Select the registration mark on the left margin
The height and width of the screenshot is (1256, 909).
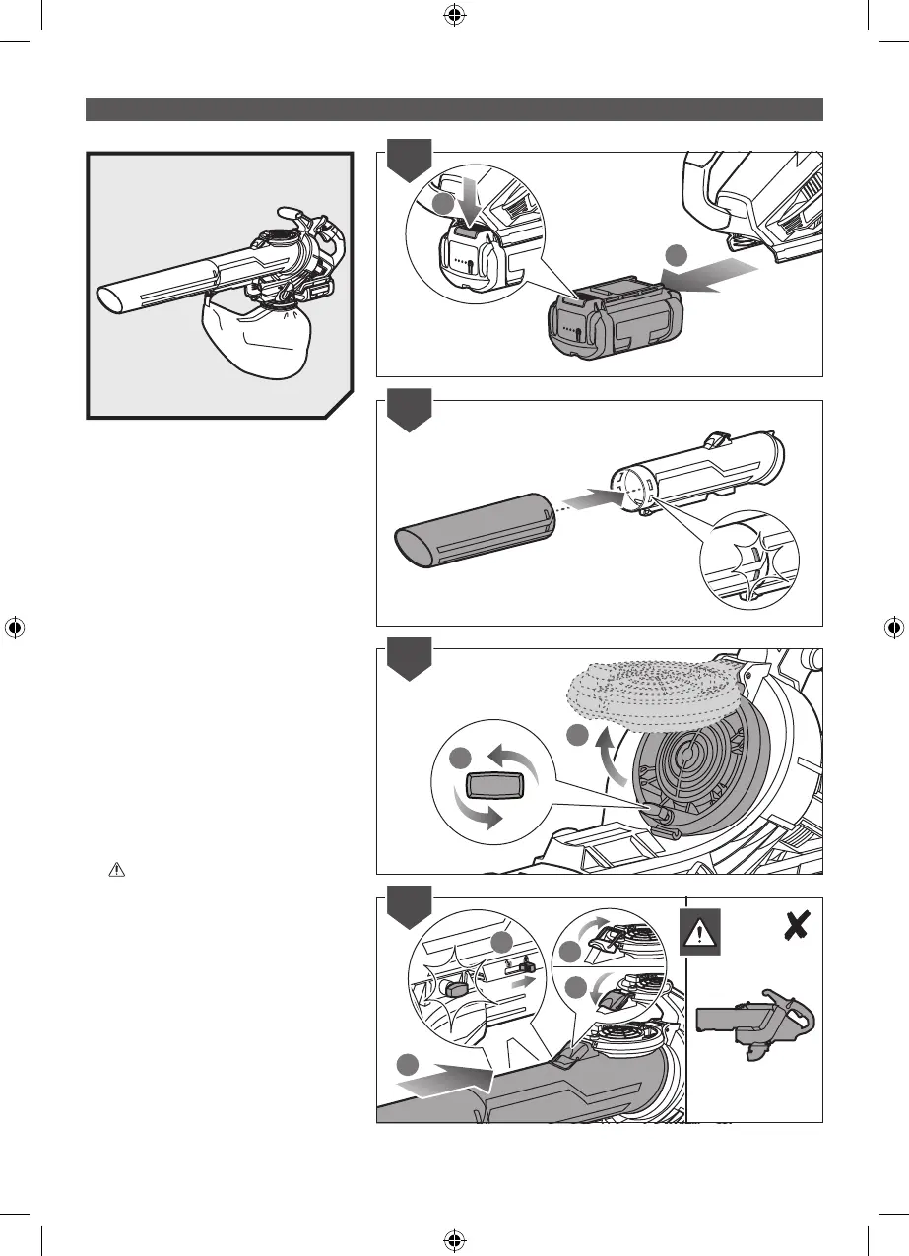(15, 628)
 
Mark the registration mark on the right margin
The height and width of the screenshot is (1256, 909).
(893, 628)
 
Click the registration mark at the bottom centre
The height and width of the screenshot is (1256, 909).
(454, 1240)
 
